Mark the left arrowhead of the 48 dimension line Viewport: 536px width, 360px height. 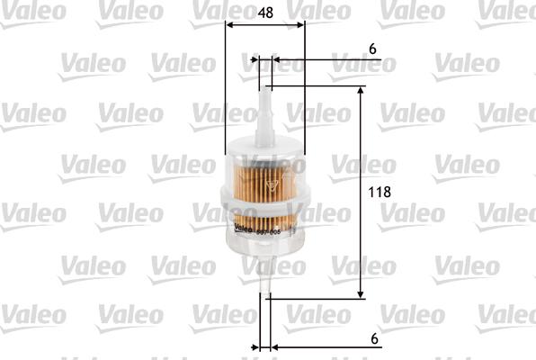tap(229, 25)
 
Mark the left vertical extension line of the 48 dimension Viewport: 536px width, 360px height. tap(224, 90)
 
